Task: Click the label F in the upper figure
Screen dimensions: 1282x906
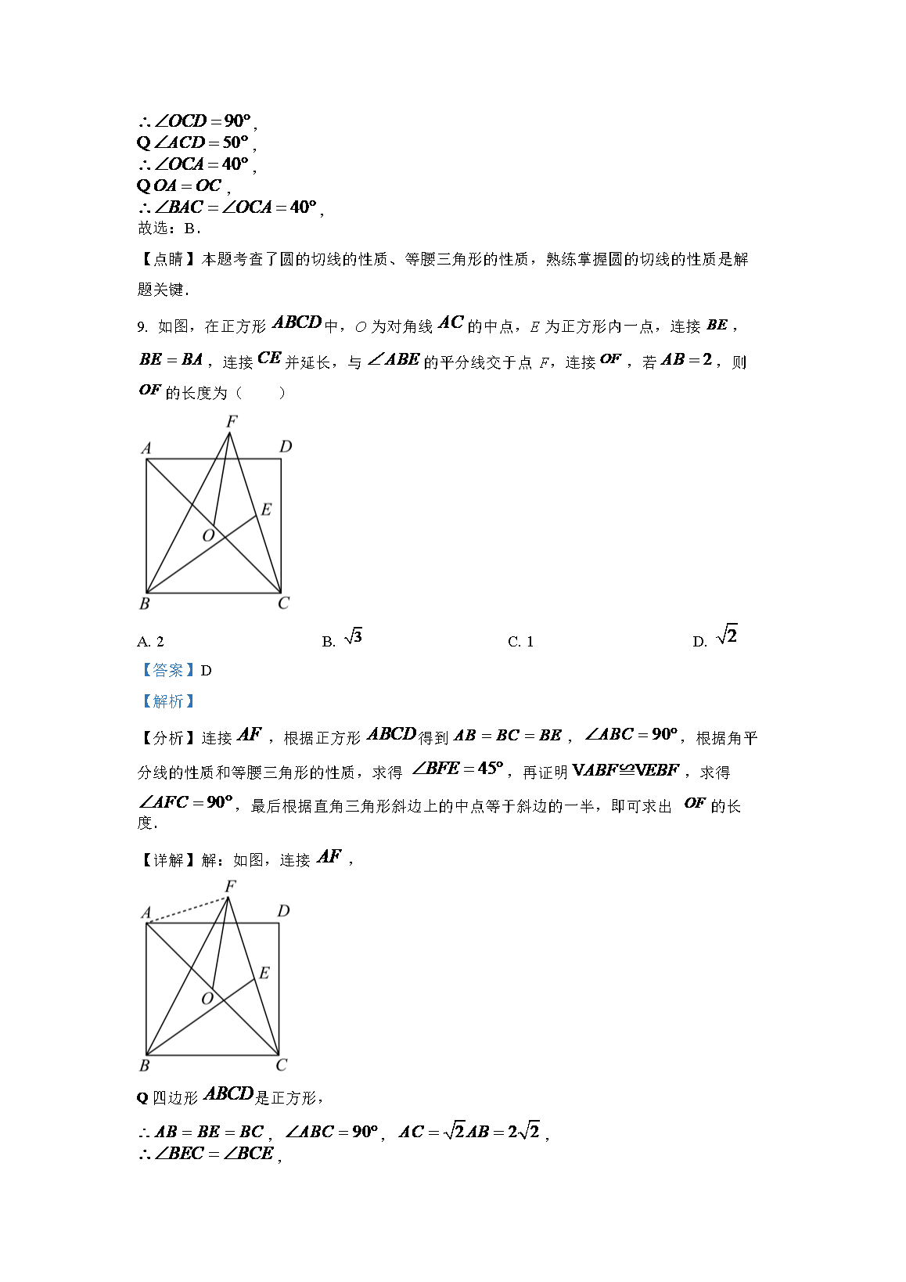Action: point(232,421)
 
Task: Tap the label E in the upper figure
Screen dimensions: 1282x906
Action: point(266,510)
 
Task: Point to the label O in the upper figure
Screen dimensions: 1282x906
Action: point(208,536)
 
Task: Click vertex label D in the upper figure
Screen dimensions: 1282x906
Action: point(286,446)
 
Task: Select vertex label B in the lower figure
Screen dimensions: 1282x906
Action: point(144,1065)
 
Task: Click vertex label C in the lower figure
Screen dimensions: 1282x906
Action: point(282,1065)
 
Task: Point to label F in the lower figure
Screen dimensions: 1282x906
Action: point(230,886)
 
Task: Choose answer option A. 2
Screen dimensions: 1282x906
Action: point(150,642)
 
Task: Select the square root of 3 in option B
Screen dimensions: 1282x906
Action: point(353,636)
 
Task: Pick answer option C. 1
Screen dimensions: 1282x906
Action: point(520,642)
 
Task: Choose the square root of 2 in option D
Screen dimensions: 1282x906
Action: point(727,635)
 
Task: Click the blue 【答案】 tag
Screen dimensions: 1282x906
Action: point(167,671)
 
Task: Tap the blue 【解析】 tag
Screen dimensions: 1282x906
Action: point(167,701)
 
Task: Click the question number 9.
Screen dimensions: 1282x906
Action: point(142,327)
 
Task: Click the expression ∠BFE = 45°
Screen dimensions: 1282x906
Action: point(458,769)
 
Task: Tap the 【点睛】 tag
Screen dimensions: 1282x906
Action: point(167,259)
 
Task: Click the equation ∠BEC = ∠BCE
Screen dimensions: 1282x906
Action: point(214,1154)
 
